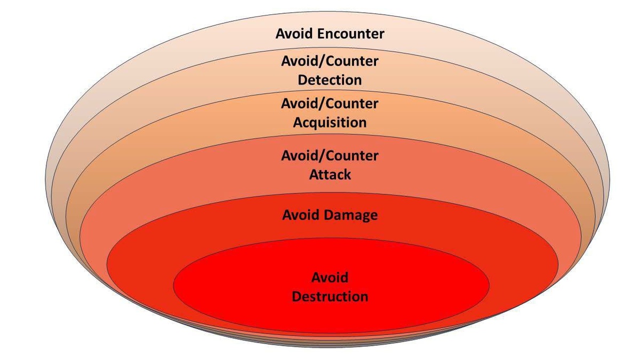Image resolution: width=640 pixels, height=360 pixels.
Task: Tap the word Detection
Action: [330, 80]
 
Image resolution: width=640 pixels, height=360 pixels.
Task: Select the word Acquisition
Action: [330, 122]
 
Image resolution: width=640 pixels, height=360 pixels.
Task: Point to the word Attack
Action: [330, 174]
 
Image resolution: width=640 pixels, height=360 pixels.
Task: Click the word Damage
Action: [351, 215]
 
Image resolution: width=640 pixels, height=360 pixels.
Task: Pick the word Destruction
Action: [330, 296]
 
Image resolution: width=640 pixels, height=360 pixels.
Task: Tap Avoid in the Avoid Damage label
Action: [301, 215]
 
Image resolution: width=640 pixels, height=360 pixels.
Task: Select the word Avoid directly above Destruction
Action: [330, 277]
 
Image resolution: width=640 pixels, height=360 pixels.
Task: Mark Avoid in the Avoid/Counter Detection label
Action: [299, 61]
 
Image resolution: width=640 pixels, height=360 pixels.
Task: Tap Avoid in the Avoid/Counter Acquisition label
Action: [299, 103]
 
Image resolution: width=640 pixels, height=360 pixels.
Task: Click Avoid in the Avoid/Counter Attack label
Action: [299, 155]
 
